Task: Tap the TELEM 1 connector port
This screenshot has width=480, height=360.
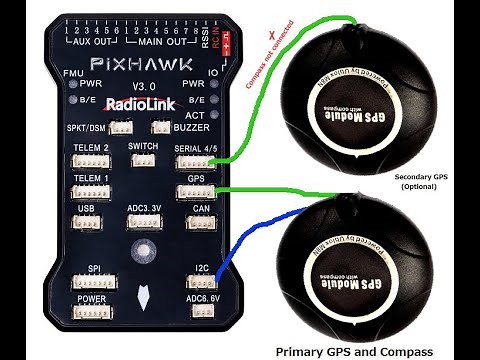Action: coord(91,193)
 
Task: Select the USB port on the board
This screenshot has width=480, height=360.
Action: coord(86,224)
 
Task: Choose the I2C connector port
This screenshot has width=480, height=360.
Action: coord(200,284)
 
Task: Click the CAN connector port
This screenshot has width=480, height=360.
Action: coord(200,224)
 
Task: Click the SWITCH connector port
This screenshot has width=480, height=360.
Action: coord(144,160)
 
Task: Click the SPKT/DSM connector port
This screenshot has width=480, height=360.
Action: coord(122,128)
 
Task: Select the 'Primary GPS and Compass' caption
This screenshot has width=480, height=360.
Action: coord(354,350)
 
